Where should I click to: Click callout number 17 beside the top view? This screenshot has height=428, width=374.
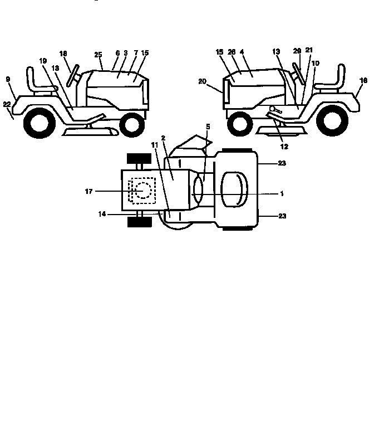[89, 192]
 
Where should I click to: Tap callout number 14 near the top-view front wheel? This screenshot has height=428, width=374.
[102, 214]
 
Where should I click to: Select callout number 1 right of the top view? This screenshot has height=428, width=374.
[282, 193]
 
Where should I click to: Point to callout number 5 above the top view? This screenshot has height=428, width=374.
[208, 127]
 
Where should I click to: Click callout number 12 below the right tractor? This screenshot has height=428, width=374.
[284, 147]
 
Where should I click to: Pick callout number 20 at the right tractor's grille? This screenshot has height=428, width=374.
[202, 81]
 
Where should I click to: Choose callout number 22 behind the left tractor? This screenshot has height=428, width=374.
[7, 104]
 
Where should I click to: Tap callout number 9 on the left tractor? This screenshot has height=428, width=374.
[8, 80]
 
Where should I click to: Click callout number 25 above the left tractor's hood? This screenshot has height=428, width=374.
[98, 55]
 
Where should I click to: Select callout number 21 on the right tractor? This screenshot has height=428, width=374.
[309, 50]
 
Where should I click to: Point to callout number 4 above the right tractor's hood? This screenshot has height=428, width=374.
[242, 52]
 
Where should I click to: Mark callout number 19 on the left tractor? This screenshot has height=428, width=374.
[43, 61]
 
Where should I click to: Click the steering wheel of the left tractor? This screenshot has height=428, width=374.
[73, 76]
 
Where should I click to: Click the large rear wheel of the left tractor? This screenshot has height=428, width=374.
[40, 123]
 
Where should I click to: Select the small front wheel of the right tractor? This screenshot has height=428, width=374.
[240, 124]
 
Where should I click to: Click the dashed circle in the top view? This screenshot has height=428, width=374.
[143, 190]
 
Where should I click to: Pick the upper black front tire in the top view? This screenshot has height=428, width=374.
[139, 158]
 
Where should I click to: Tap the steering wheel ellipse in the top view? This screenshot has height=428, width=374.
[198, 189]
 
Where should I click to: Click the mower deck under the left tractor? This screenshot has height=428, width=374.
[91, 132]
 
